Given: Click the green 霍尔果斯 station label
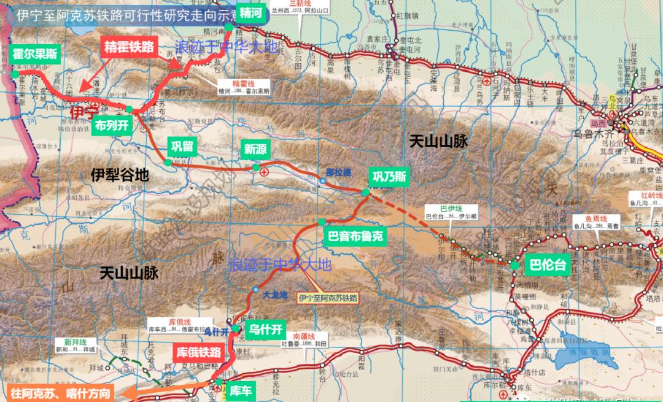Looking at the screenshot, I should pos(35,54).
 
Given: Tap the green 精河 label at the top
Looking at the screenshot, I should pos(249,12).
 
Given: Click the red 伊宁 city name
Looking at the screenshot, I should pos(84,113).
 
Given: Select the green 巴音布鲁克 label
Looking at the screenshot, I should pos(355,234).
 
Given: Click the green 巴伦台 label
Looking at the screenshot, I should pos(547,265).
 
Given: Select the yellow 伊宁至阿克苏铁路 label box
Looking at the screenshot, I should pos(327,298).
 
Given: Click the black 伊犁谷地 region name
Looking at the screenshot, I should pos(120,175).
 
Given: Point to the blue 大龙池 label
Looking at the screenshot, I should pos(274,295).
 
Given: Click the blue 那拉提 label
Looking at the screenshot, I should pos(338,172).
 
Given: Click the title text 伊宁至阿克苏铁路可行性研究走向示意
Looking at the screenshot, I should pos(114,14).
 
